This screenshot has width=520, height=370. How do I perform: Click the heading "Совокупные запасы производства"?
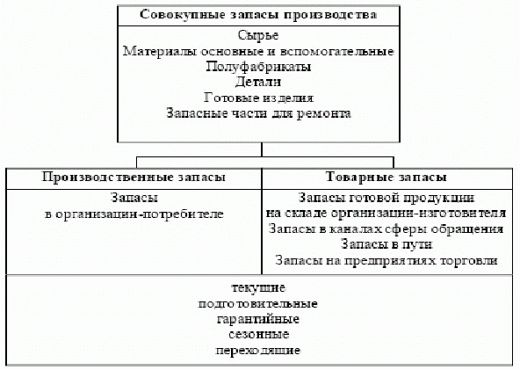pos(258,15)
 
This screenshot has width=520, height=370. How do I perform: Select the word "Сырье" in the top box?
pos(258,35)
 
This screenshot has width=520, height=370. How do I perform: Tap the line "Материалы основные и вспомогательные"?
pos(258,52)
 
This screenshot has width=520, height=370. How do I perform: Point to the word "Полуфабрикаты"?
pos(258,67)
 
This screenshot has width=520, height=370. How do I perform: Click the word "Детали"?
pos(258,83)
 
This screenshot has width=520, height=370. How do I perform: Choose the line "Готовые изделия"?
pos(258,98)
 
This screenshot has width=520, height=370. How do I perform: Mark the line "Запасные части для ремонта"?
pos(258,113)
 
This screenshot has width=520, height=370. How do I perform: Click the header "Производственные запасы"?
pos(134,178)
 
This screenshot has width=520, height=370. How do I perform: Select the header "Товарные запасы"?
pos(386,178)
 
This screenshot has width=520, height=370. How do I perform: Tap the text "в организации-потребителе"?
pos(134,214)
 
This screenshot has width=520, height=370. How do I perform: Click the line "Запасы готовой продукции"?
pos(386,198)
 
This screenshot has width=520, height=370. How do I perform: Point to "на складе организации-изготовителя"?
pos(386,214)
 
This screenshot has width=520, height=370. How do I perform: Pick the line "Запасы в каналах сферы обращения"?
pos(386,229)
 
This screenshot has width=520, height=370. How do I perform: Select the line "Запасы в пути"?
pos(386,244)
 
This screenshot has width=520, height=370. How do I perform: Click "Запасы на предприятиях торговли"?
pos(386,260)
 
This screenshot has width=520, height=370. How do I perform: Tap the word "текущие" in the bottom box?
pos(258,288)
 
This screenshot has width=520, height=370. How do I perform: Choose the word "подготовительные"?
pos(258,304)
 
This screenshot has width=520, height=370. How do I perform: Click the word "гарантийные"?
pos(258,320)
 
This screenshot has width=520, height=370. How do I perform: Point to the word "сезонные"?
pos(258,335)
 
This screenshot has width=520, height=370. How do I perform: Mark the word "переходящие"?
pos(258,351)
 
